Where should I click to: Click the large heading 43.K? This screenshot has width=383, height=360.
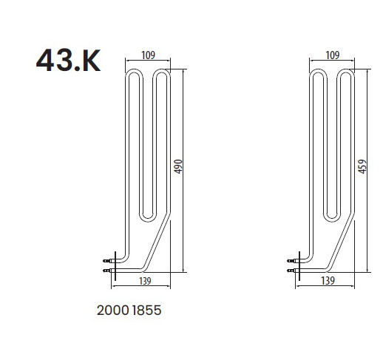tap(68, 60)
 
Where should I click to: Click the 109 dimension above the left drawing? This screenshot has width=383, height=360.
tap(148, 55)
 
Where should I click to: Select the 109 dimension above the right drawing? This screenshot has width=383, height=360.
tap(333, 55)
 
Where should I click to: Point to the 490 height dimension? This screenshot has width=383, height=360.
tap(178, 166)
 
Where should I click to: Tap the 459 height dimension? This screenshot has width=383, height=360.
tap(362, 166)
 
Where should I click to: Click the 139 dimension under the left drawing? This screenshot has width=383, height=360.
tap(145, 281)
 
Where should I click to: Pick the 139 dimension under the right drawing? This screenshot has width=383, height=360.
tap(328, 281)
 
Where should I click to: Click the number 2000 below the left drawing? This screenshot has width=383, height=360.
tap(113, 310)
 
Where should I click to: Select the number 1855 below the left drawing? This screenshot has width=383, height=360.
tap(146, 310)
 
